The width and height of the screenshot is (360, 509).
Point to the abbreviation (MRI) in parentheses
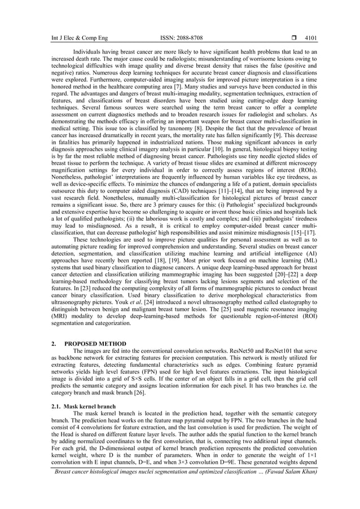[59, 318]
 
